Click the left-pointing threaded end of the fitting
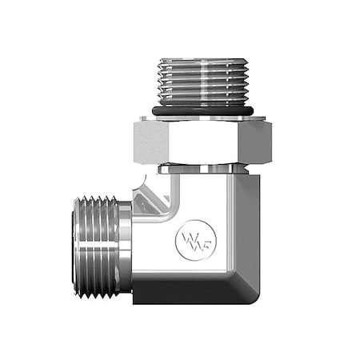tap(96, 247)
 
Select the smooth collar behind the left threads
tap(124, 247)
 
